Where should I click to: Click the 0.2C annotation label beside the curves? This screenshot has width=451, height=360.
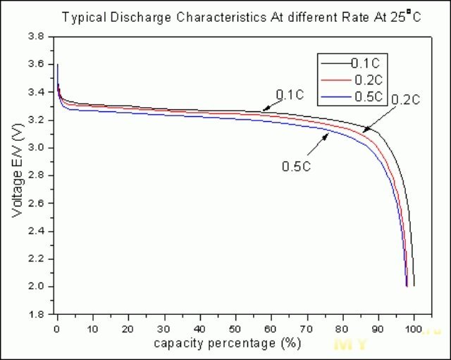click(x=405, y=101)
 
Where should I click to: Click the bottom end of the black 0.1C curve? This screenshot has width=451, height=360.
click(x=414, y=285)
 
